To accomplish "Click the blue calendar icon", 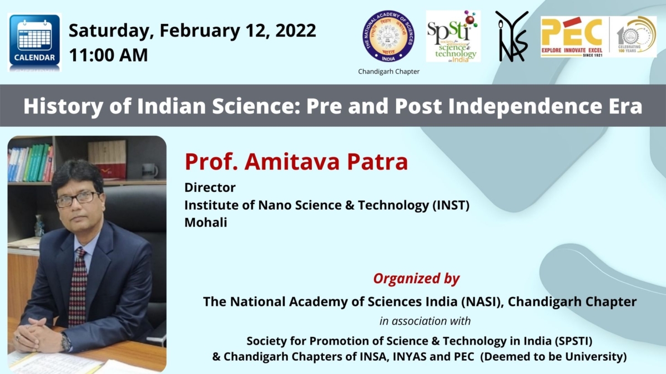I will [34, 42].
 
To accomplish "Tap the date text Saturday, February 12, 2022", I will [192, 30].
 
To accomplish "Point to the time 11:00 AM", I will [108, 55].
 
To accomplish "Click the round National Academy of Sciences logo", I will [388, 37].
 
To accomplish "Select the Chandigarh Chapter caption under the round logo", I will [389, 71].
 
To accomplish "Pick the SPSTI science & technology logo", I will [453, 37].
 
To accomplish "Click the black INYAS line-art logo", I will [511, 37].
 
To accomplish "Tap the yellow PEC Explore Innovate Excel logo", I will [572, 37].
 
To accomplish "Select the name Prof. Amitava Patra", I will [296, 161].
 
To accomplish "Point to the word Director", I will [210, 187].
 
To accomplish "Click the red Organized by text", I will [416, 278].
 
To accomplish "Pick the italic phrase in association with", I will [425, 321].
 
